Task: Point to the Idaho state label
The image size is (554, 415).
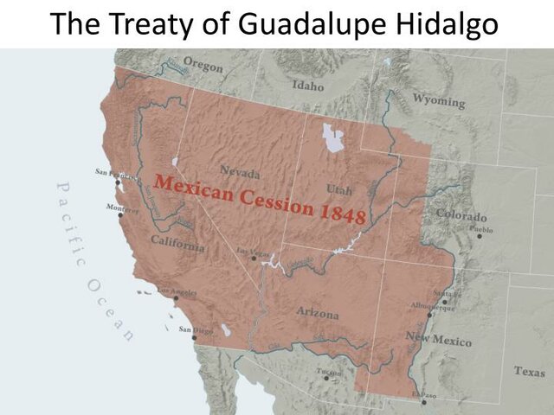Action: (307, 86)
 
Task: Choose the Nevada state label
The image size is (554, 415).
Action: (240, 170)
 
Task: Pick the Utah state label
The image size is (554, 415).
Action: (339, 188)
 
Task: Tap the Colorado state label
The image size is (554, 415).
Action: (461, 215)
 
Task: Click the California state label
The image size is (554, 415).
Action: (177, 245)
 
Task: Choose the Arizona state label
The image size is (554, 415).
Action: (318, 314)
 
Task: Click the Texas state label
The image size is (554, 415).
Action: (529, 371)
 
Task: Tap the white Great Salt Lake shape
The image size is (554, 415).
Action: (332, 137)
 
